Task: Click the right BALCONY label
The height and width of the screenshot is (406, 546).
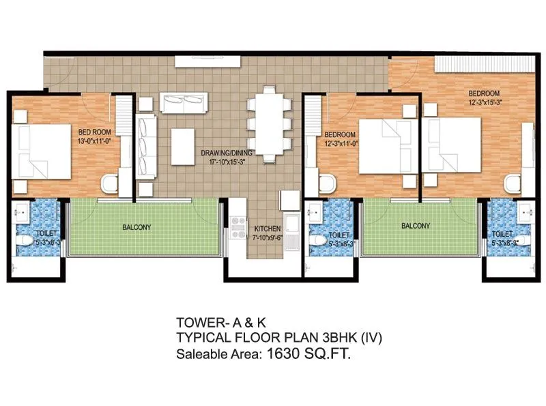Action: [416, 226]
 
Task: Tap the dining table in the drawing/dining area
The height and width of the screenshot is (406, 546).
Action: [265, 117]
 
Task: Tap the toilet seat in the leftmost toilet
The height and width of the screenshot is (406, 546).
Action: [25, 240]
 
